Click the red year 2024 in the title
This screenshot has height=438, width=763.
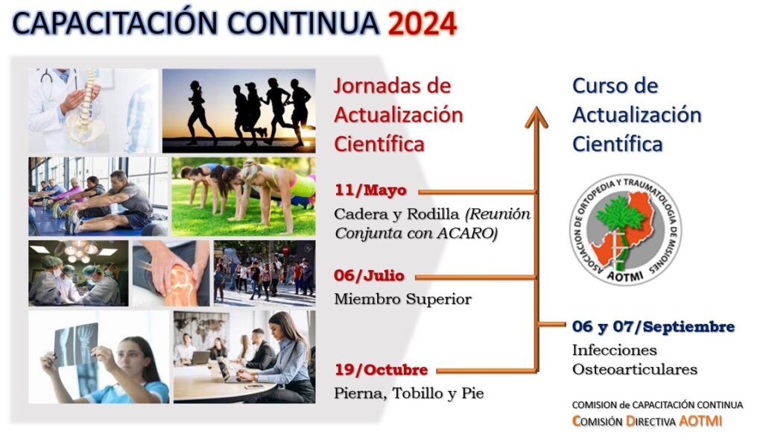coord(422,24)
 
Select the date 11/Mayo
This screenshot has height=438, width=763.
coord(370,190)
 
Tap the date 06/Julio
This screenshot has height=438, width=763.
coord(369,276)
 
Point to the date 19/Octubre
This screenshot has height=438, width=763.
coord(381,370)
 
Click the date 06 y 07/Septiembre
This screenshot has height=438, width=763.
coord(653,326)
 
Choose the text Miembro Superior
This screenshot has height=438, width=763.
coord(402,298)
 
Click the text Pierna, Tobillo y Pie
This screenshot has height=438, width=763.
coord(409,393)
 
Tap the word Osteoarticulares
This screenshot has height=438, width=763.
coord(635,369)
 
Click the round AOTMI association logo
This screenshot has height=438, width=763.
coord(625,230)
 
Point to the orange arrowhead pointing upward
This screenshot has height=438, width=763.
coord(536,117)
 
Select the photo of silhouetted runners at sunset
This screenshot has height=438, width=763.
coord(239,110)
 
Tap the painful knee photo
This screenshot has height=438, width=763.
coord(171,273)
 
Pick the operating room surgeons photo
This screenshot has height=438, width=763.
coord(78,273)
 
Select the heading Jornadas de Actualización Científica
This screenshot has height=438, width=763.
coord(399,115)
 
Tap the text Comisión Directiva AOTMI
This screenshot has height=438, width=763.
coord(647,421)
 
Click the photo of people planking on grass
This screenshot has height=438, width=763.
coord(244,197)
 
